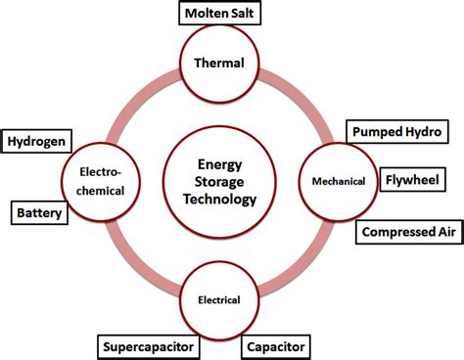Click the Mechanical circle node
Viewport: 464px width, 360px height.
point(338,181)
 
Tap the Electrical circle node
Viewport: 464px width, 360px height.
point(224,299)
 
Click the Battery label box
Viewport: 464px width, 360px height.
point(39,211)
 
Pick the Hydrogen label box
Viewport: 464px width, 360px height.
point(37,141)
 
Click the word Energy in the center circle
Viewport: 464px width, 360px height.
point(224,162)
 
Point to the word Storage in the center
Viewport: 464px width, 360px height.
point(224,181)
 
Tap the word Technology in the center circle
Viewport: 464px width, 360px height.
point(224,200)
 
